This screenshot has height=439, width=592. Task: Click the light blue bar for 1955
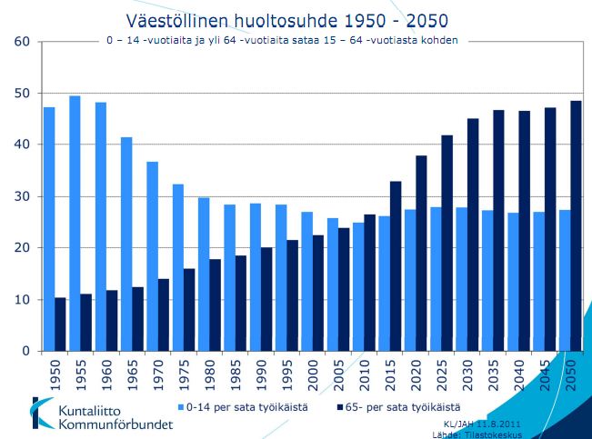tap(75, 223)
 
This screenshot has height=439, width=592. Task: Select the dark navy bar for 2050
tap(576, 225)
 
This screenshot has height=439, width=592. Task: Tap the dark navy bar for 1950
tap(61, 324)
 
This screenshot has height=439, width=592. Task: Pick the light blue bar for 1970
tap(152, 255)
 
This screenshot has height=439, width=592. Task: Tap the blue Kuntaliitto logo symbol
tap(42, 413)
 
